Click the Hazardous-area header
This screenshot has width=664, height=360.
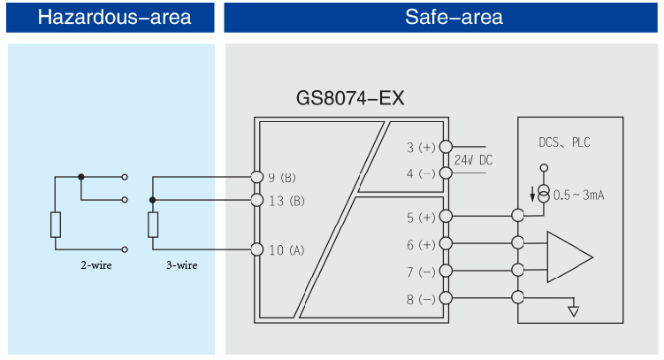point(110,17)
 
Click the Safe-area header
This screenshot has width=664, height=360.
point(441,17)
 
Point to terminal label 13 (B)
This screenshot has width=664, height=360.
point(286,201)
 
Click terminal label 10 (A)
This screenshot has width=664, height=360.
point(286,250)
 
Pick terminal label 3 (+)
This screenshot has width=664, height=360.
point(421,148)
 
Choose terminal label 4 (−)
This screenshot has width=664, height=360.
point(421,173)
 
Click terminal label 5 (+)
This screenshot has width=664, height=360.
point(421,217)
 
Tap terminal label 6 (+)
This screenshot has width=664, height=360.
point(421,244)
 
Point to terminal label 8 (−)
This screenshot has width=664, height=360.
point(421,299)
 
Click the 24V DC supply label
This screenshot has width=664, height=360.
point(473,161)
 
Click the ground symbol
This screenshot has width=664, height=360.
point(574,310)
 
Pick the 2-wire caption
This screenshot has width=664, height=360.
point(95,264)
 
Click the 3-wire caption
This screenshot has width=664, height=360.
point(180,264)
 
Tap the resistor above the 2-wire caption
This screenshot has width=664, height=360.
point(55,225)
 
